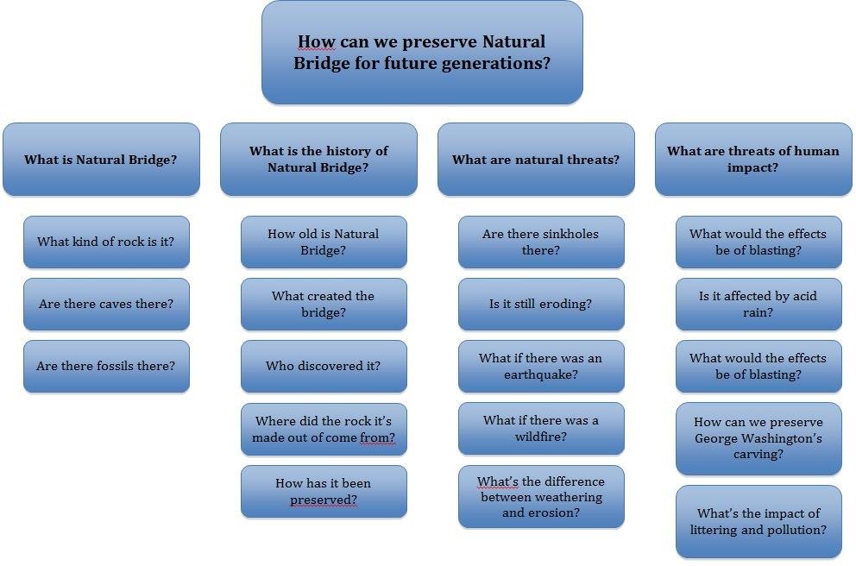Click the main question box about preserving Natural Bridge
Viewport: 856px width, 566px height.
422,53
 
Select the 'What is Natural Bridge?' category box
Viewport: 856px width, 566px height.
101,160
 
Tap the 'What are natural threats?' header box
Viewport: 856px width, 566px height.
536,160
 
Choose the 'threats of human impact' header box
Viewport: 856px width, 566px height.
753,160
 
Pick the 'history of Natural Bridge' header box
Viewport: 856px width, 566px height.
318,160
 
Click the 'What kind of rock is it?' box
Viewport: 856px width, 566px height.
106,242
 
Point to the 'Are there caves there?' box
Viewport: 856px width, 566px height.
106,304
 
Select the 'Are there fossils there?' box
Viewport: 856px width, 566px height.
106,366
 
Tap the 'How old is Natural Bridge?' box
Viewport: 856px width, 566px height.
324,242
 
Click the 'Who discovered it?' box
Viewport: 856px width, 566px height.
324,366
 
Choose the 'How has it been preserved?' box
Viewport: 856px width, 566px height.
324,491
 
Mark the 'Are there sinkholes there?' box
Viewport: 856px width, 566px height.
541,242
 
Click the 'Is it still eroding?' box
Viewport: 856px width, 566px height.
541,304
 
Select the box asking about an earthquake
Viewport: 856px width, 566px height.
541,366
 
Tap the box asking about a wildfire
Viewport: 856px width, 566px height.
541,429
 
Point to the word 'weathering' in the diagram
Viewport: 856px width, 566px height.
571,497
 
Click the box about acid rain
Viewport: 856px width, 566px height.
758,304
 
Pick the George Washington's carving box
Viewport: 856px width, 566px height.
758,439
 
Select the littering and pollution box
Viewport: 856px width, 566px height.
758,522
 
